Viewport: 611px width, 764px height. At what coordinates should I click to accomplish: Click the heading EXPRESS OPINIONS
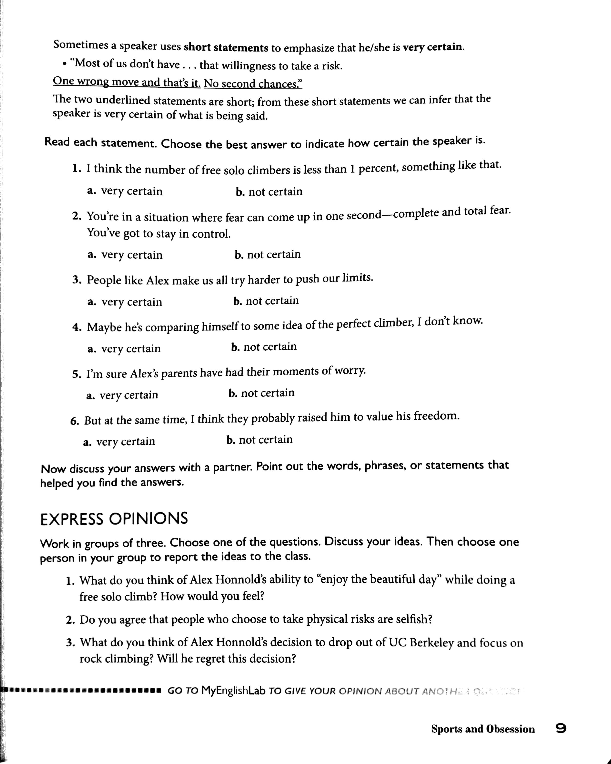click(x=114, y=519)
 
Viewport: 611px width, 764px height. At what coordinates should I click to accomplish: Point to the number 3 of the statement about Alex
click(x=76, y=280)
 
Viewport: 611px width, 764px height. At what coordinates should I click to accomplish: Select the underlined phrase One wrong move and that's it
click(x=126, y=82)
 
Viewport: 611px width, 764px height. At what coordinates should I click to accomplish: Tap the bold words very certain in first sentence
click(x=432, y=47)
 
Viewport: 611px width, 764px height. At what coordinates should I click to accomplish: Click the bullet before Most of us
click(x=64, y=64)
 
